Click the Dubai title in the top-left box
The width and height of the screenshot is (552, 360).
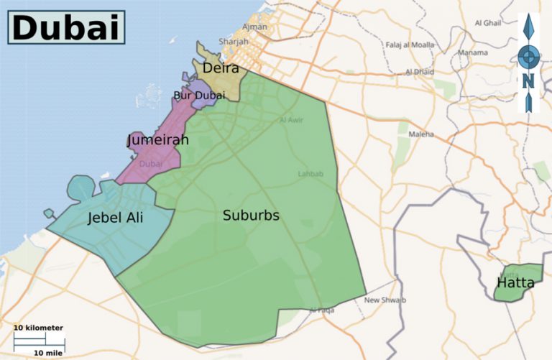pos(65,27)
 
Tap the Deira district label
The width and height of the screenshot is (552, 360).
pos(221,69)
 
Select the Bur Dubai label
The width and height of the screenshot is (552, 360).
pos(199,95)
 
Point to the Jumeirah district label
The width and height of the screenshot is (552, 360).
pos(157,139)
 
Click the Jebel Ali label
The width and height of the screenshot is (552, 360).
pos(115,218)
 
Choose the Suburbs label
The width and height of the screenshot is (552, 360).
pos(251,215)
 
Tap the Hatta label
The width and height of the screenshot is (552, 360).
pos(515,282)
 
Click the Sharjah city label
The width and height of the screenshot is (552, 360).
pos(233,42)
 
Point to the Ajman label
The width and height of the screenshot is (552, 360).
pos(255,27)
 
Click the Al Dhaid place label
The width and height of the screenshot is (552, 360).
pos(420,72)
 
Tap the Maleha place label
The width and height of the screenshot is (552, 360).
pos(421,134)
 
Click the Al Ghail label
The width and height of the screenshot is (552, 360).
pos(487,23)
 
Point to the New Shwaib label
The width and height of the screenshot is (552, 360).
pos(385,299)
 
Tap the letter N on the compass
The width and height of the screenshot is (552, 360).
pos(528,80)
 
